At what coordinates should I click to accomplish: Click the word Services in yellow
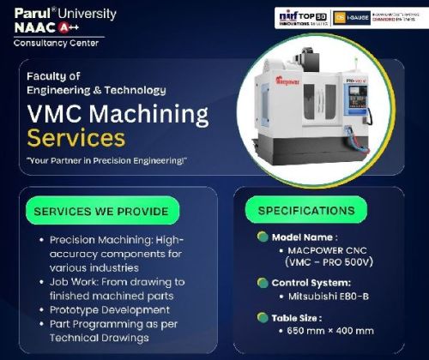click(x=76, y=136)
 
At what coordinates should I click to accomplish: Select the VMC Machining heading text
click(x=118, y=113)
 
